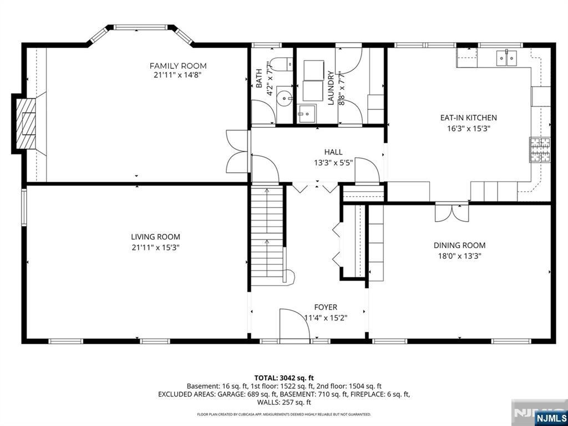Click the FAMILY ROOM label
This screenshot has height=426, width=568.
[178, 66]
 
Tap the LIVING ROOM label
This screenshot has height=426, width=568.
[155, 237]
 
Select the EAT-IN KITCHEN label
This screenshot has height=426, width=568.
[468, 118]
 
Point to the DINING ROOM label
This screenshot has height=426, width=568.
[459, 245]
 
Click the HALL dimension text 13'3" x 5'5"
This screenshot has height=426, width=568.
[333, 163]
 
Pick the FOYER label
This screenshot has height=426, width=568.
[326, 307]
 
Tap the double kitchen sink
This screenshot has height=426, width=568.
[506, 58]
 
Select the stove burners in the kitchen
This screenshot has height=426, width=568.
[540, 149]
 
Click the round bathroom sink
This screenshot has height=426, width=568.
[285, 97]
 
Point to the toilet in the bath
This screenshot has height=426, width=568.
[282, 64]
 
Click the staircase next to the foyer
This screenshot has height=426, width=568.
[268, 235]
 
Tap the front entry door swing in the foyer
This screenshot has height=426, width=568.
[294, 324]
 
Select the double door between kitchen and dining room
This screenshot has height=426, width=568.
[452, 213]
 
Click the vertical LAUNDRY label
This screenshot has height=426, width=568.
[331, 88]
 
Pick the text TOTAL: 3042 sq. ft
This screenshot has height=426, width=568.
[284, 378]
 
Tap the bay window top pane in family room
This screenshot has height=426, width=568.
[141, 27]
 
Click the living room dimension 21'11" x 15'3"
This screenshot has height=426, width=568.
[156, 248]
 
